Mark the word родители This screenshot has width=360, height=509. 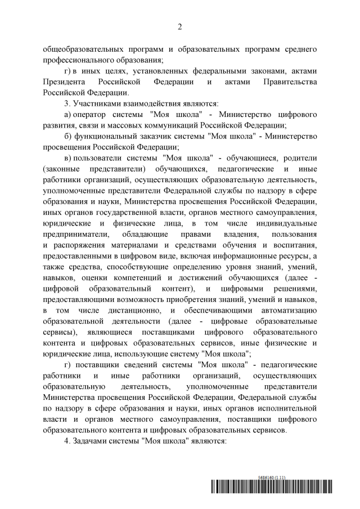tap(301, 158)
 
